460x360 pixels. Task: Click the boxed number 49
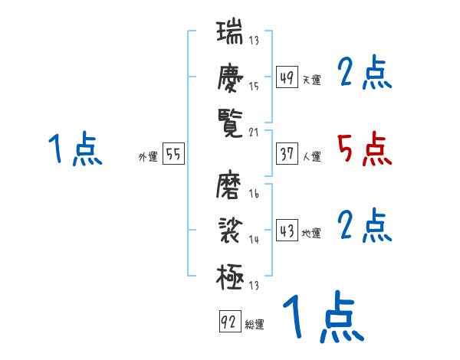287,78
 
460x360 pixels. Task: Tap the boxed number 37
287,155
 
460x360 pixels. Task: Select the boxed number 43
287,231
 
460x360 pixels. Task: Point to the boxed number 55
173,155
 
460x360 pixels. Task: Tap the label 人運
311,157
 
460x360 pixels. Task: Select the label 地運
311,234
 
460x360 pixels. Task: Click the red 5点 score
364,149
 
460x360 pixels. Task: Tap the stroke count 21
255,132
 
